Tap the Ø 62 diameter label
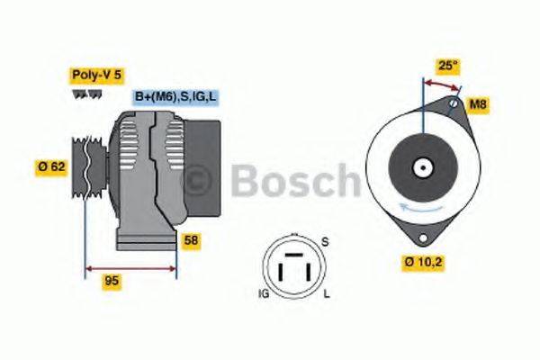pyautogui.click(x=53, y=166)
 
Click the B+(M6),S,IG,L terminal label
pyautogui.click(x=176, y=96)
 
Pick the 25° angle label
pyautogui.click(x=447, y=65)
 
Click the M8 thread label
pyautogui.click(x=479, y=105)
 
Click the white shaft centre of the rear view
pyautogui.click(x=421, y=166)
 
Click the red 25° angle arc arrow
pyautogui.click(x=441, y=83)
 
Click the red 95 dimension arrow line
pyautogui.click(x=130, y=267)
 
